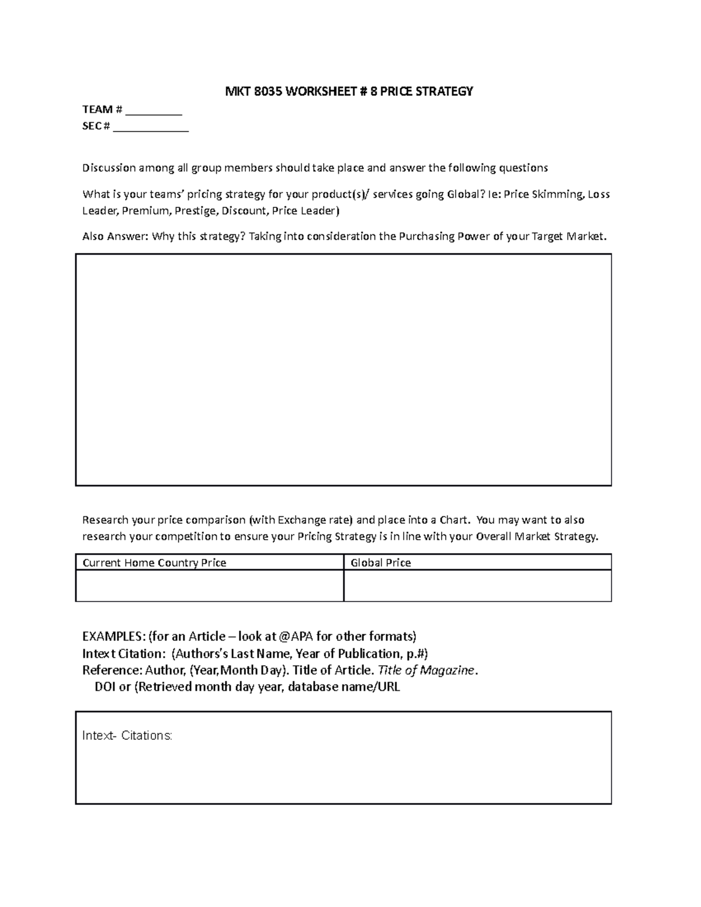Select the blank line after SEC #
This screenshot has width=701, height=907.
pos(151,127)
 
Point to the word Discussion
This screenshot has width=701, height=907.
pos(109,168)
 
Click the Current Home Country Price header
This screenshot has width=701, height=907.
pos(154,563)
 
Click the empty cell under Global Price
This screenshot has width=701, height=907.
pos(477,586)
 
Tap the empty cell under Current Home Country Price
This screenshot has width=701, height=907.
pos(209,586)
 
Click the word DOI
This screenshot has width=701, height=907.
pos(105,687)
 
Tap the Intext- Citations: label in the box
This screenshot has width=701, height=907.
pos(127,736)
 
